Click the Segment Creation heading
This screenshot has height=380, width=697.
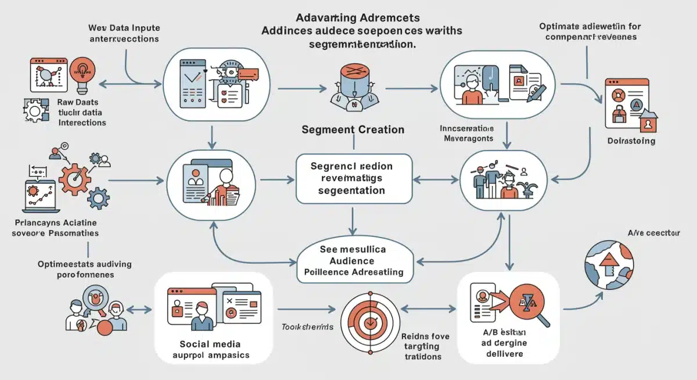[x=353, y=130]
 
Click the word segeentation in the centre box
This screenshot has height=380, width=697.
[x=348, y=190]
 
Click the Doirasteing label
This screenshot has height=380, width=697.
[x=631, y=141]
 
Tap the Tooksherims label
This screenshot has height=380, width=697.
[x=307, y=327]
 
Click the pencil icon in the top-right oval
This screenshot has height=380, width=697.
[x=537, y=92]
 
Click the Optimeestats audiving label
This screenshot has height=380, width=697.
[x=85, y=264]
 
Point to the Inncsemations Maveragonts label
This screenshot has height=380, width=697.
[x=468, y=133]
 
